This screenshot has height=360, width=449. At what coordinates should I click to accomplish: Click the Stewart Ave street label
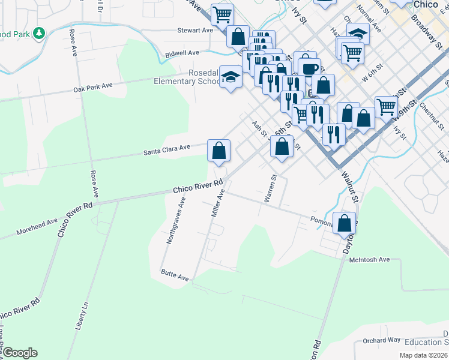click(x=195, y=30)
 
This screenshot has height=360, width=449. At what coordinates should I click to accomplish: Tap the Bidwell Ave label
click(x=182, y=53)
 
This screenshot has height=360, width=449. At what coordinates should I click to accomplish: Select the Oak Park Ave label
click(x=93, y=87)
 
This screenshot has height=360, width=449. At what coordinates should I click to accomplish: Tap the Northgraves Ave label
click(x=176, y=220)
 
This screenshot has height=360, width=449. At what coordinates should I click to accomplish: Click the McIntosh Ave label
click(x=370, y=260)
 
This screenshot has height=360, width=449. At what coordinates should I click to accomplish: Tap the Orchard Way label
click(x=381, y=340)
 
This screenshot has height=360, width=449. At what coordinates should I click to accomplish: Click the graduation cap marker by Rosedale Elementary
click(x=231, y=76)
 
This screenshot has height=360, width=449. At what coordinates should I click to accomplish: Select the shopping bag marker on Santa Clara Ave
click(x=219, y=150)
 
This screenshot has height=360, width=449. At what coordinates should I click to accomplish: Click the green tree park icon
click(x=39, y=32)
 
